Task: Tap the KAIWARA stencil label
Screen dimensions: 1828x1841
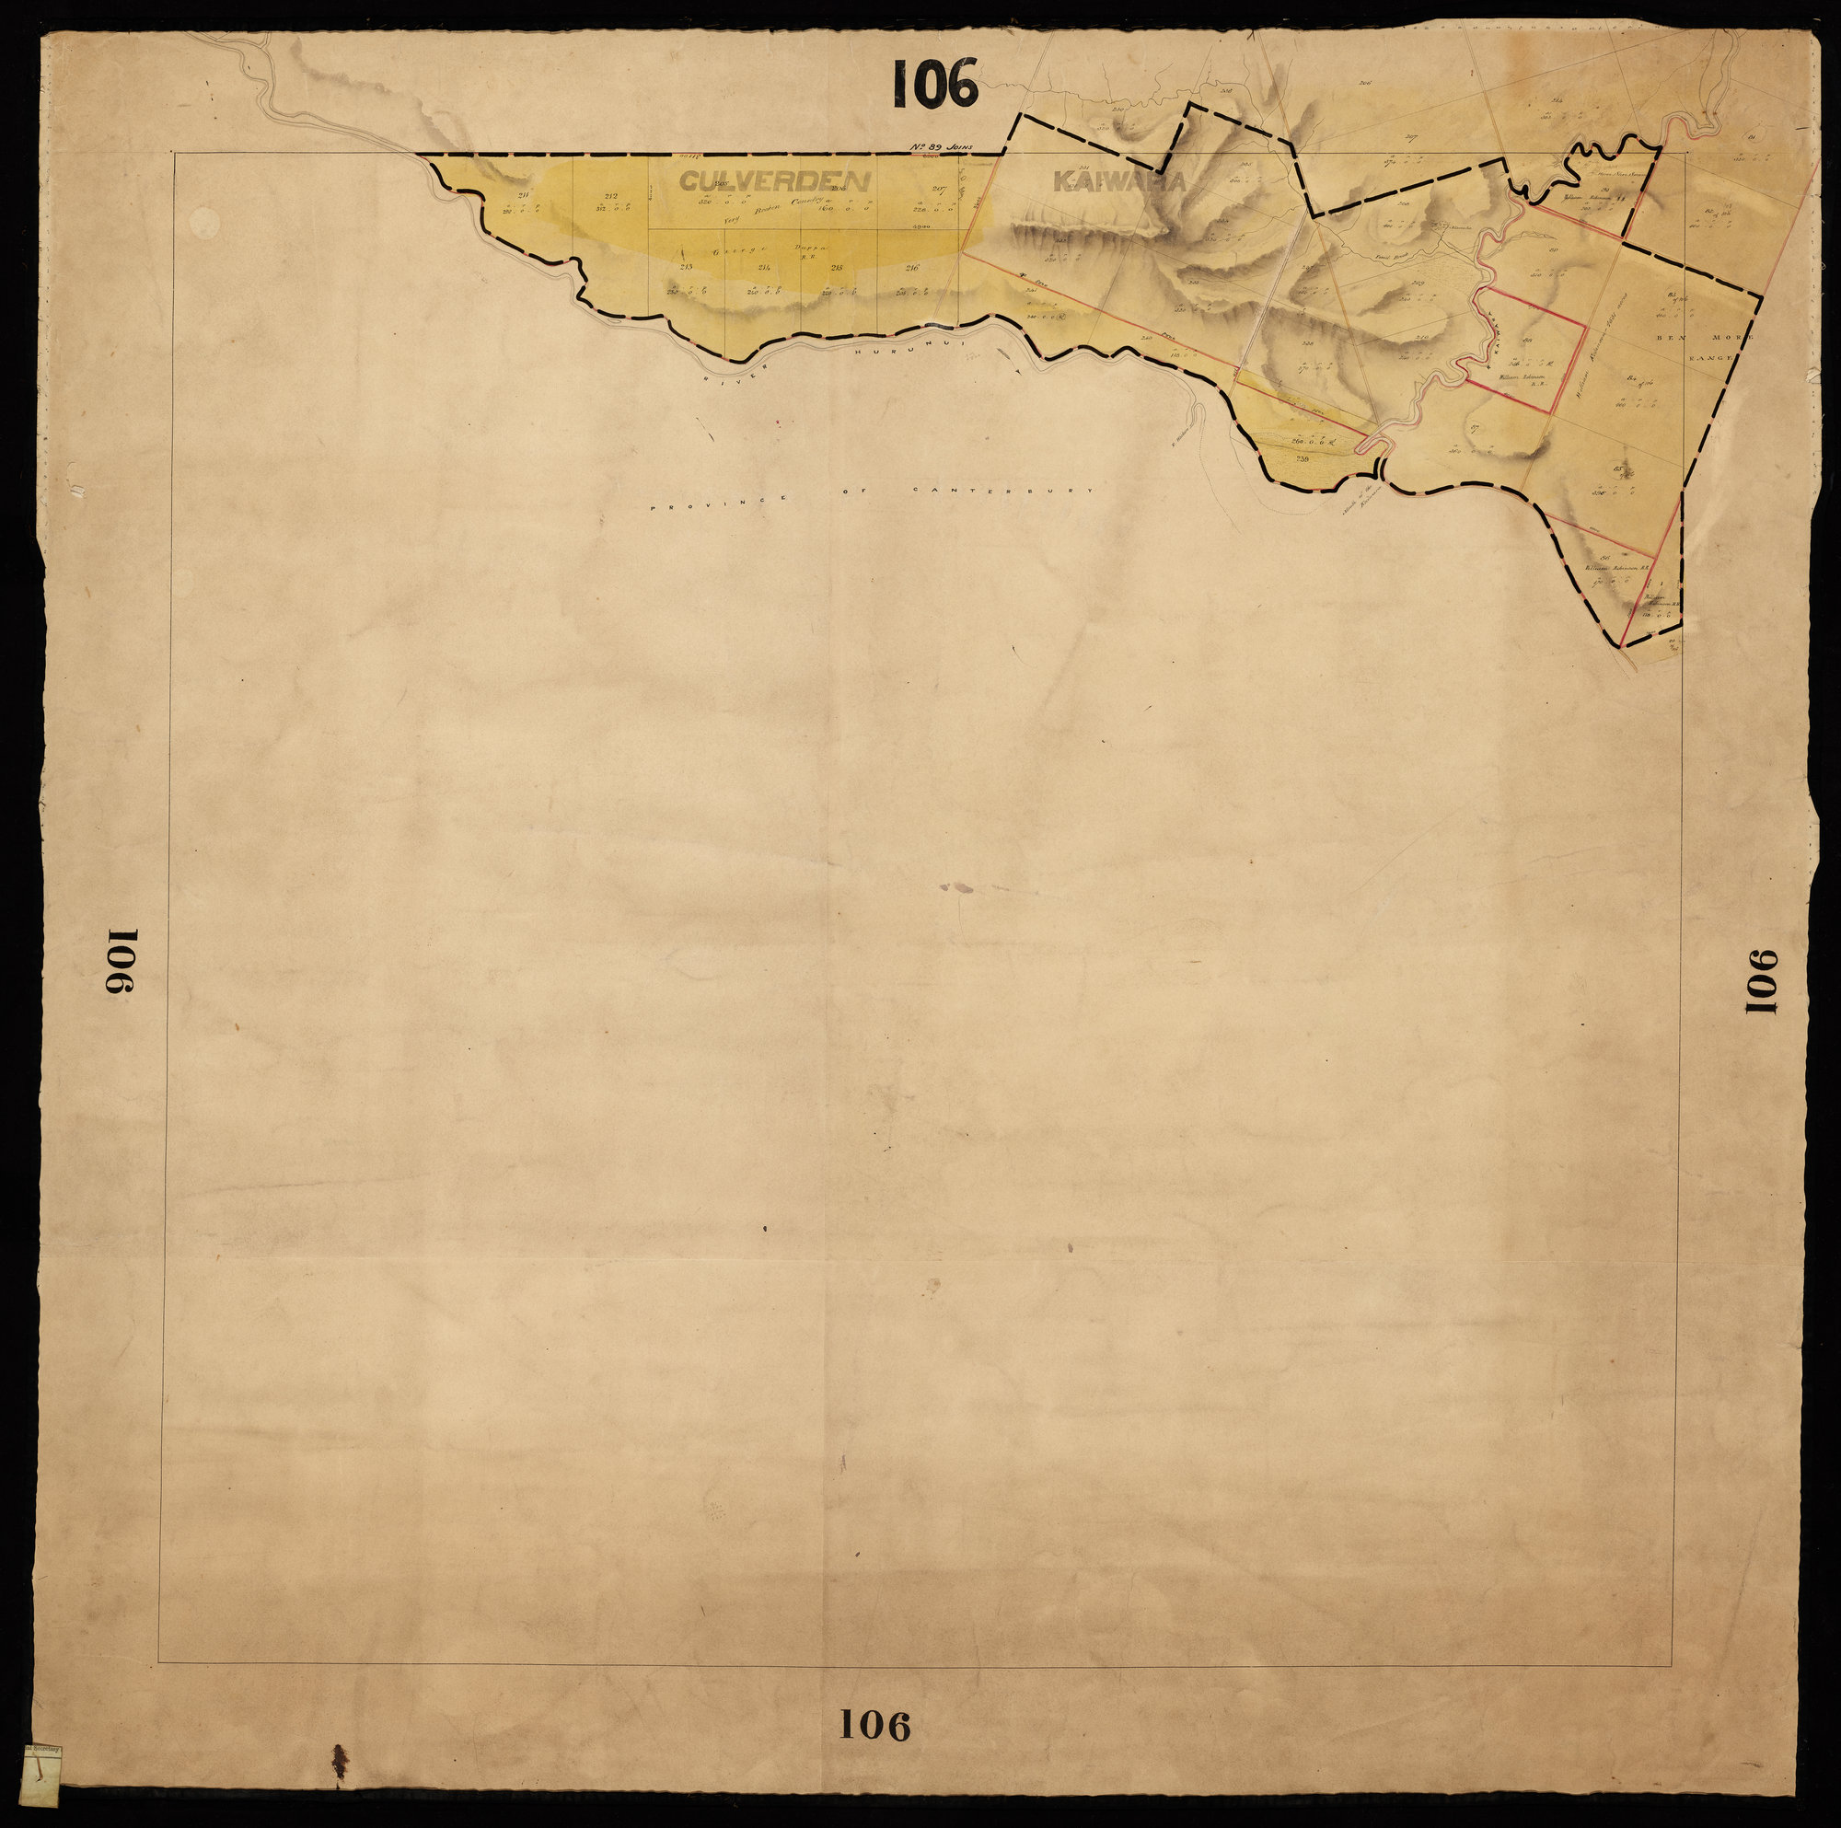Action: (x=1118, y=181)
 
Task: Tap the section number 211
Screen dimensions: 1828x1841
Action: (x=523, y=195)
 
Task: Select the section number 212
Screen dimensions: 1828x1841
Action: (x=611, y=196)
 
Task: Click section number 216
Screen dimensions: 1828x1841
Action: (x=911, y=268)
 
